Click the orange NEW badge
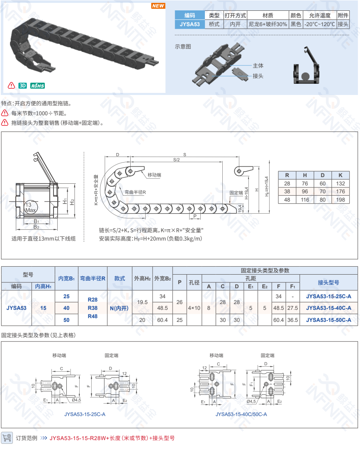(158, 6)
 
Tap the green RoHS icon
(37, 86)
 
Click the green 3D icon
(22, 86)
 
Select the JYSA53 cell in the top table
(190, 24)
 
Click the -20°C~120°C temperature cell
(319, 24)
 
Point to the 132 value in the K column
(341, 184)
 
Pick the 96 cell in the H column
(305, 192)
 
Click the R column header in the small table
(287, 175)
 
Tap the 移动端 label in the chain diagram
(154, 175)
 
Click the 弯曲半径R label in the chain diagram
(135, 192)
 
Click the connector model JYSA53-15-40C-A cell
(328, 308)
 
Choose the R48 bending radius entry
(92, 316)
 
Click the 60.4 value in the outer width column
(162, 320)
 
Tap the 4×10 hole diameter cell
(194, 308)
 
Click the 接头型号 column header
(328, 282)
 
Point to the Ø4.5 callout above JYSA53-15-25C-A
(76, 400)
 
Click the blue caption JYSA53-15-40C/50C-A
(241, 414)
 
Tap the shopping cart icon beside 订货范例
(7, 438)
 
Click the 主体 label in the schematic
(258, 66)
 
